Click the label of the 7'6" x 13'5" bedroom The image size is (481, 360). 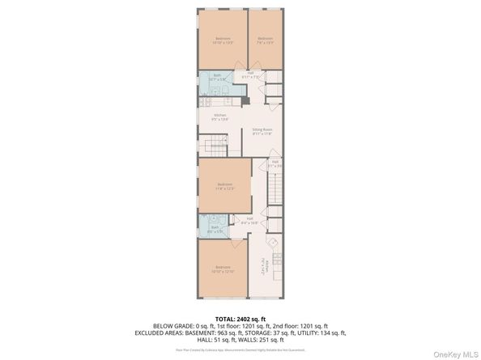click(266, 41)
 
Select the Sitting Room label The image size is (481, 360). click(262, 131)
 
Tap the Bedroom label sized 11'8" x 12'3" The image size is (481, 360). click(224, 187)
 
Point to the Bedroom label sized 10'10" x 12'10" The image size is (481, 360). click(223, 270)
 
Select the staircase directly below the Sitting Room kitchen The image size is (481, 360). click(216, 146)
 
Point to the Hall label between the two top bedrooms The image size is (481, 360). click(252, 75)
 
